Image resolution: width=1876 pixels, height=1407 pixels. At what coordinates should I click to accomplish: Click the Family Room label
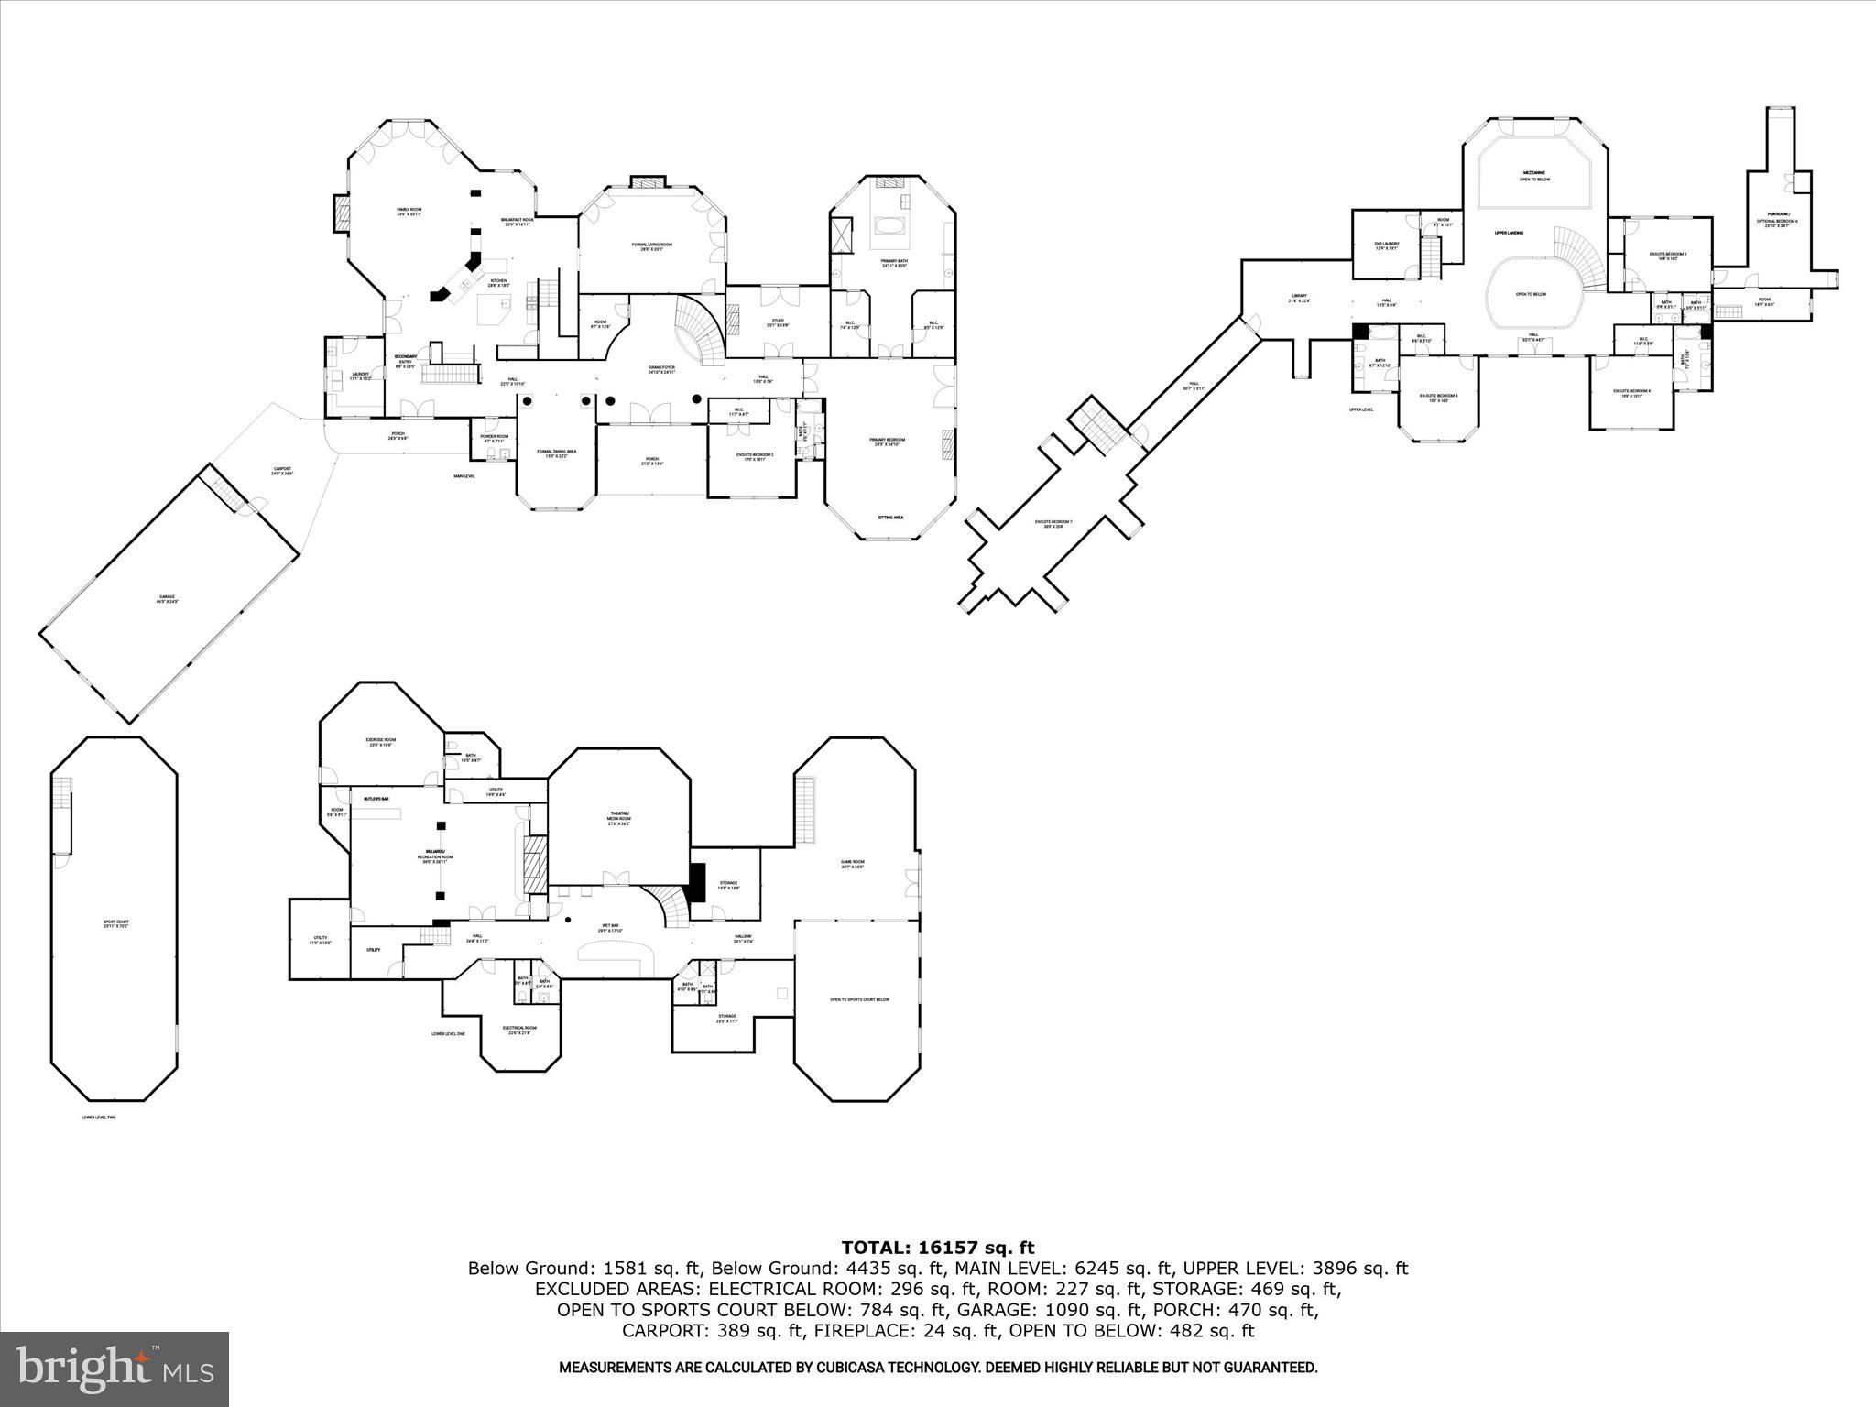pos(409,212)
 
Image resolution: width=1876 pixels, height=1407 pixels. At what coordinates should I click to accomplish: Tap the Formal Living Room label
pos(652,246)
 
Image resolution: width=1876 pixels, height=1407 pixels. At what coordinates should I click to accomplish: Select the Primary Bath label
pos(894,263)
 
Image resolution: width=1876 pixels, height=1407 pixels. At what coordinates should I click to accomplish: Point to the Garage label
pos(165,599)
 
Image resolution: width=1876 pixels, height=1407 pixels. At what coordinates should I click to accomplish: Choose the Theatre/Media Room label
pos(620,818)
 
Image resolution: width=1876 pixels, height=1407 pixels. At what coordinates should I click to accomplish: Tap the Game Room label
pos(853,863)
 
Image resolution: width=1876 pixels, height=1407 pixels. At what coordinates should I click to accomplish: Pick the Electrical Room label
pos(519,1030)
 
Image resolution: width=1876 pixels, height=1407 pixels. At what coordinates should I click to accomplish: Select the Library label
pos(1299,298)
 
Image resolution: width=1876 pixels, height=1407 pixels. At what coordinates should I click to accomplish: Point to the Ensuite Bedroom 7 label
pos(1053,524)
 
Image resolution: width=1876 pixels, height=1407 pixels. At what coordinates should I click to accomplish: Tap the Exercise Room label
pos(381,742)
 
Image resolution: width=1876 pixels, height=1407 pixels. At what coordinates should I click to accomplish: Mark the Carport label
pos(282,472)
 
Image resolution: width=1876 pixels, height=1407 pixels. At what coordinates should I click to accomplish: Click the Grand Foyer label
pos(661,370)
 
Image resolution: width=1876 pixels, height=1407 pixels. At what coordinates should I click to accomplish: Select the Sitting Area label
pos(890,518)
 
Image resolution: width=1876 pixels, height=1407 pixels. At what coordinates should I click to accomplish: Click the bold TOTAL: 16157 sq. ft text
pos(937,1248)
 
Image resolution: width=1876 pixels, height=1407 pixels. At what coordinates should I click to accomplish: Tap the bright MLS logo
pos(115,1369)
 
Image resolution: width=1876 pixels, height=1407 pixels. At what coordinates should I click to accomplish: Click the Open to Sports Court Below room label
pos(859,999)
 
